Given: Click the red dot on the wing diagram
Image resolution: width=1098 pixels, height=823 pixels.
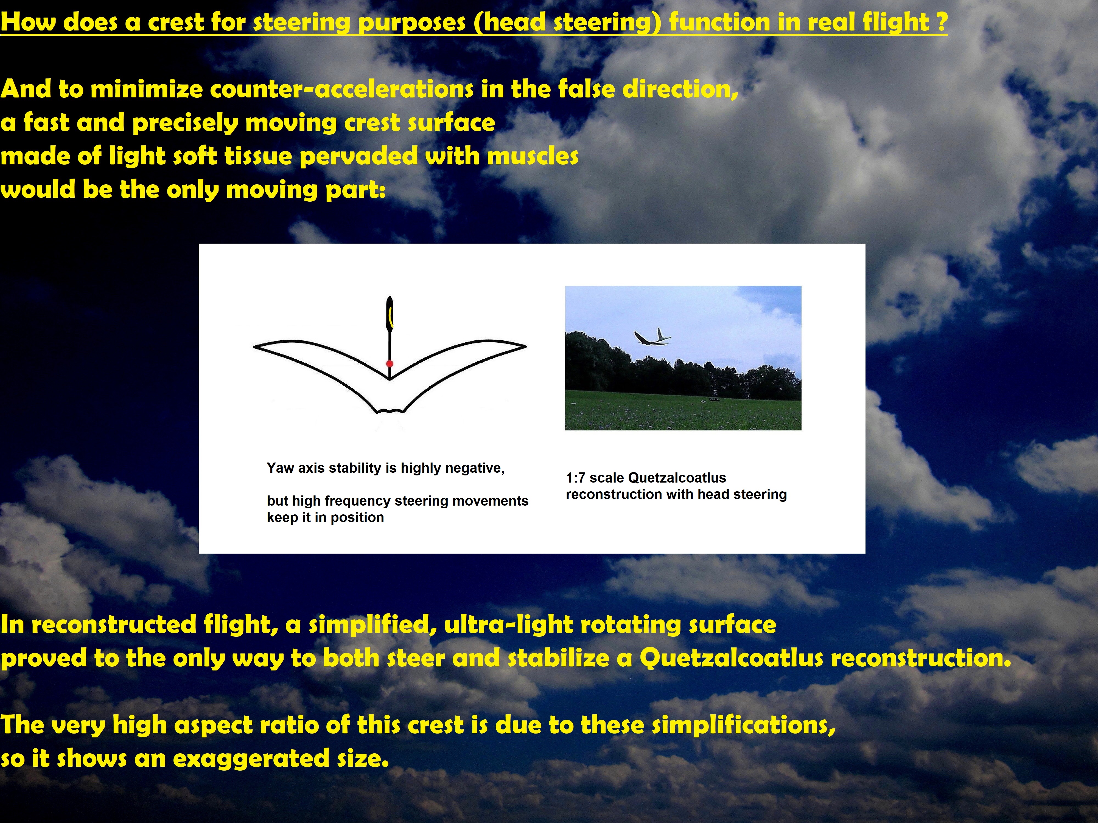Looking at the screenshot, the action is click(x=390, y=363).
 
